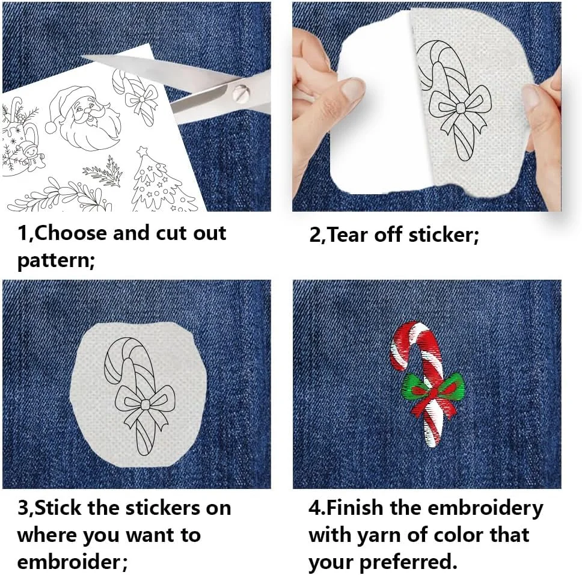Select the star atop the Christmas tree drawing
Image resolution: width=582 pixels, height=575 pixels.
tap(141, 152)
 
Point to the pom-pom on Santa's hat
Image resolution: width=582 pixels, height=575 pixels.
tap(51, 128)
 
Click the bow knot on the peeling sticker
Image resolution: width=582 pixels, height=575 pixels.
tap(461, 108)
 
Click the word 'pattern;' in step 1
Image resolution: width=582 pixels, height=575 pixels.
tap(56, 261)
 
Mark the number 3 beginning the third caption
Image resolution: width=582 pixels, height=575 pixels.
tap(23, 508)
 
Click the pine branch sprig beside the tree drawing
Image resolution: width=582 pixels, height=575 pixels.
tap(103, 172)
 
